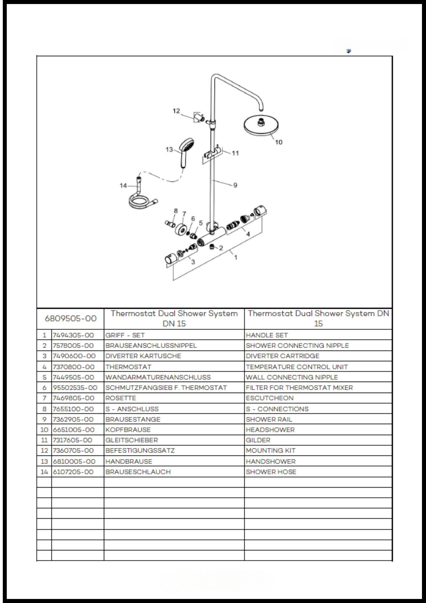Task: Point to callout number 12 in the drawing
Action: tap(176, 111)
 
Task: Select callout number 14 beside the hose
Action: tap(123, 185)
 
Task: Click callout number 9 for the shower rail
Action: tap(235, 185)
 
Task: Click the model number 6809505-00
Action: tap(71, 319)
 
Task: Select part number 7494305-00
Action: tap(73, 335)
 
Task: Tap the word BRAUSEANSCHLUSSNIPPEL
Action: tap(151, 345)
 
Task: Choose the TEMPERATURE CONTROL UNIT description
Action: tap(297, 367)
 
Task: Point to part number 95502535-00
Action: tap(75, 388)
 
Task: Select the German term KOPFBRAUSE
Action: tap(128, 430)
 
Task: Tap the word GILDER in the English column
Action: tap(258, 440)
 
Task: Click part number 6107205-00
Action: tap(73, 472)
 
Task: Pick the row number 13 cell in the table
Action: tap(44, 461)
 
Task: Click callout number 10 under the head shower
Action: tap(279, 142)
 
